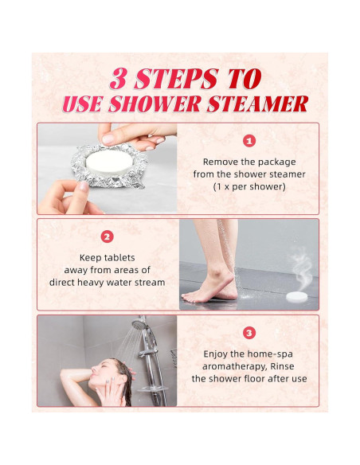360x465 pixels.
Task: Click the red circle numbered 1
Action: [x=249, y=141]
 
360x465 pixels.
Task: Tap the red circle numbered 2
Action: [x=107, y=236]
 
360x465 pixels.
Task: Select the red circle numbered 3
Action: [x=249, y=333]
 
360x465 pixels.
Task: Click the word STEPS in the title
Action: [x=177, y=79]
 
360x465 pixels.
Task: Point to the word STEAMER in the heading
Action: [x=258, y=104]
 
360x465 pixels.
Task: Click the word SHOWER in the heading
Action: [x=154, y=104]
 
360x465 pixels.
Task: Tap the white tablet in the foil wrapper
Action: [x=109, y=162]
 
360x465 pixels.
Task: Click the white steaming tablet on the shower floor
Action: [x=297, y=296]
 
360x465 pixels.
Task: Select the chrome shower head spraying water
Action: [x=139, y=323]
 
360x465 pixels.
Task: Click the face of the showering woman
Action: [x=102, y=373]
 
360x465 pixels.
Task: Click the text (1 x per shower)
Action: [x=249, y=187]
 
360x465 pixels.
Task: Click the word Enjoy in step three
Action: [x=216, y=354]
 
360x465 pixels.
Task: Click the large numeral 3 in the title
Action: [x=119, y=79]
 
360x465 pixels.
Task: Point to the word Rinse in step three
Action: [x=282, y=366]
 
